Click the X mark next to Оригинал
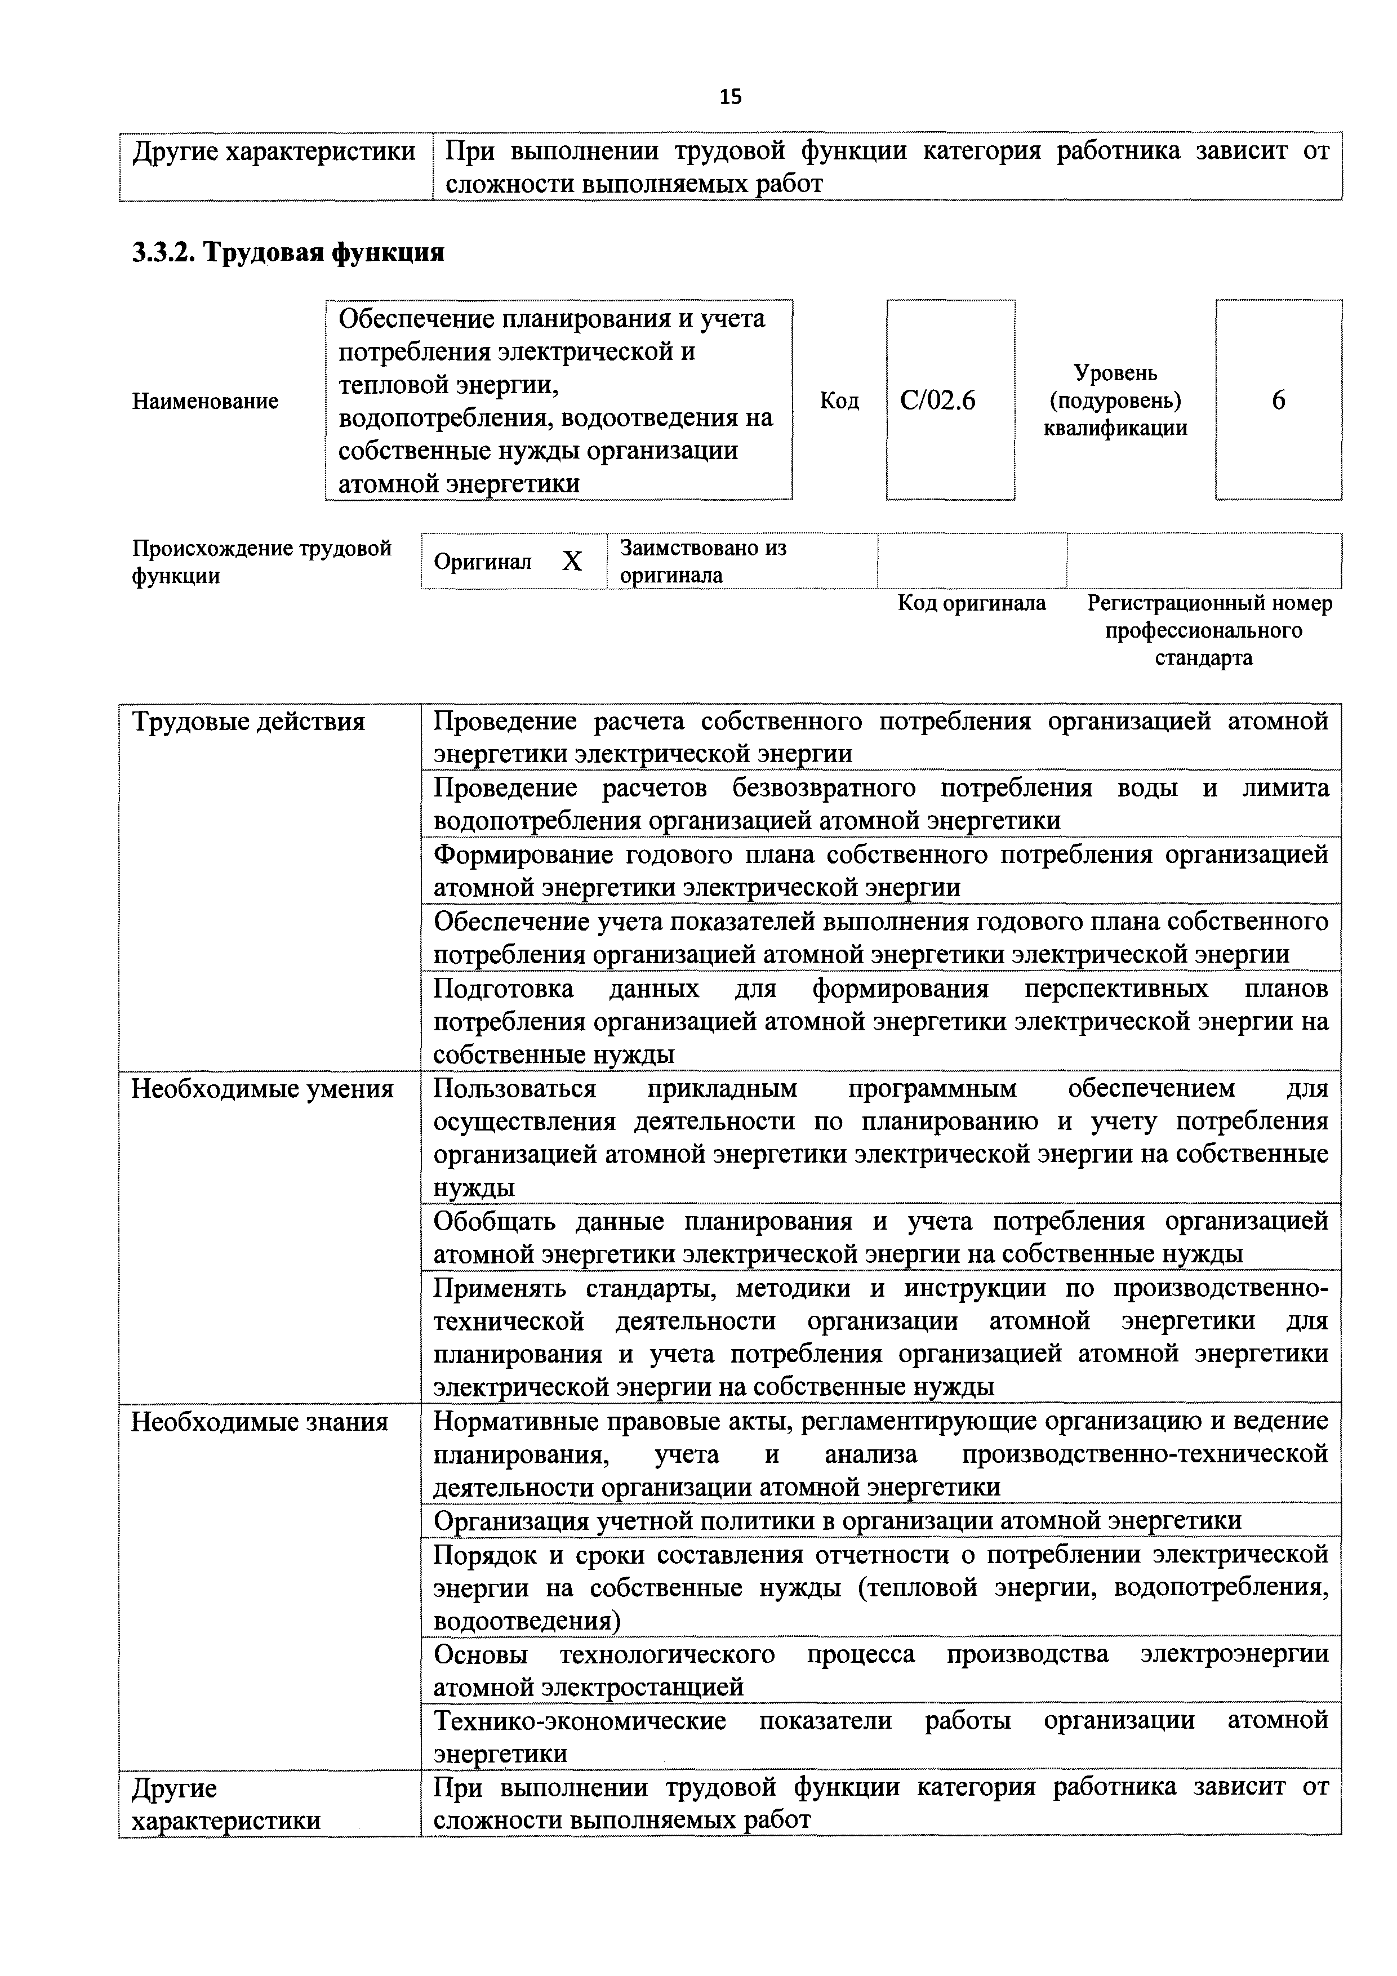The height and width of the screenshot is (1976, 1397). (572, 561)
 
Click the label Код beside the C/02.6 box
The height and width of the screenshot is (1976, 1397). (839, 401)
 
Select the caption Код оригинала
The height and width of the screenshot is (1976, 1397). (972, 603)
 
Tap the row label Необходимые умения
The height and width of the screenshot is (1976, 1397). (262, 1089)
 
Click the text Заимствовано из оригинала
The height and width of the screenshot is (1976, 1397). (702, 561)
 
